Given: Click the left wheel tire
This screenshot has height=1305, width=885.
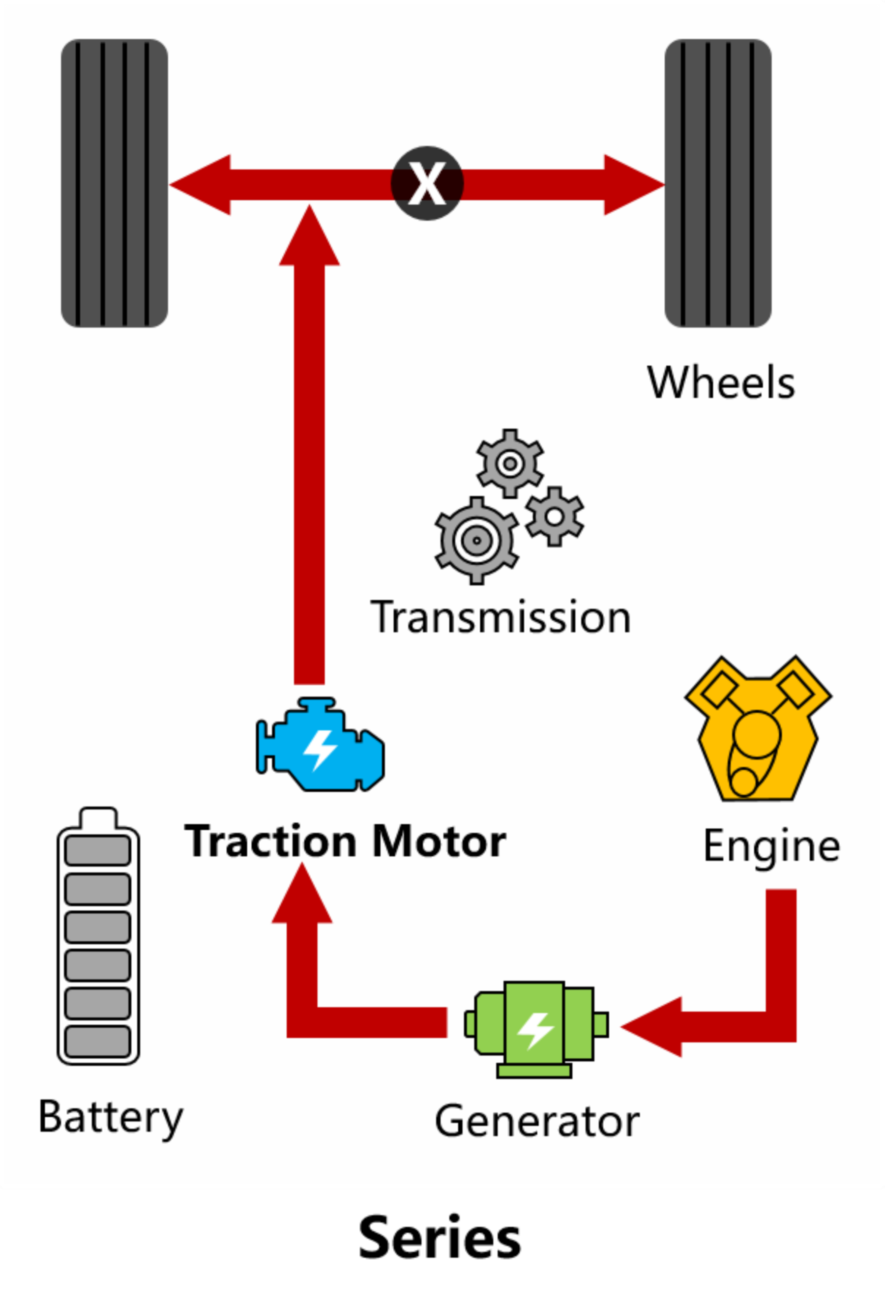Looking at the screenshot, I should [114, 183].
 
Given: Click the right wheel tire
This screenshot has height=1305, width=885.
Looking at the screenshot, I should [718, 183].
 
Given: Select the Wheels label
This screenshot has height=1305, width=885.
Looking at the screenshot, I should [721, 383].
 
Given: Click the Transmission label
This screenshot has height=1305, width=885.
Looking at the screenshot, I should [501, 618].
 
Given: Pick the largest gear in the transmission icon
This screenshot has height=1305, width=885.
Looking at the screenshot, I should [476, 540].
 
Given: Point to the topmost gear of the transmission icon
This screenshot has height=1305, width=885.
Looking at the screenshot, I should [510, 464].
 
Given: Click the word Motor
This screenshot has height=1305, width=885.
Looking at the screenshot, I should [439, 841].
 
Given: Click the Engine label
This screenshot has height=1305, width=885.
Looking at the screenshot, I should [771, 845].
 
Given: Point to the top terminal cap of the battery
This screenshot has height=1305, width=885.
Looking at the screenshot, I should [98, 817].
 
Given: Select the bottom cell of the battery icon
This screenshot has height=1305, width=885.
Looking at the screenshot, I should [98, 1042].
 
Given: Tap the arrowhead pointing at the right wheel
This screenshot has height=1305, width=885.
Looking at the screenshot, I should [633, 184].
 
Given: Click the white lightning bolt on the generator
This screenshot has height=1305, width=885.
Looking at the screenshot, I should [535, 1030].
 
